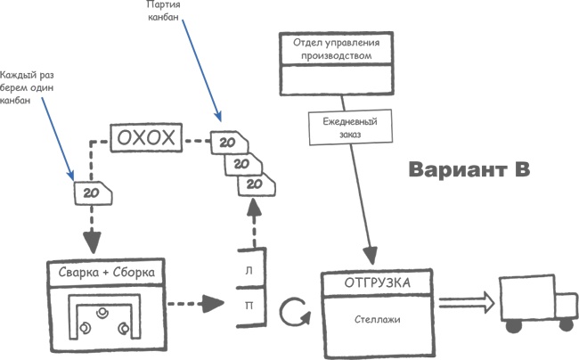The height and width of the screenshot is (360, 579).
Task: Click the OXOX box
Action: (146, 139)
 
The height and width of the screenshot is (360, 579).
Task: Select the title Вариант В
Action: (469, 169)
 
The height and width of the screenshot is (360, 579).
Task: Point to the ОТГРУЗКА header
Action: (377, 282)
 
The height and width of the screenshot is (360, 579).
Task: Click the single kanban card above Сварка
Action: (90, 192)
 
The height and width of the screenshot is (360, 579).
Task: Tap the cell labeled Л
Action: (248, 267)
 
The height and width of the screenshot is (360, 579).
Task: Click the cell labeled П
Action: (248, 304)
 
